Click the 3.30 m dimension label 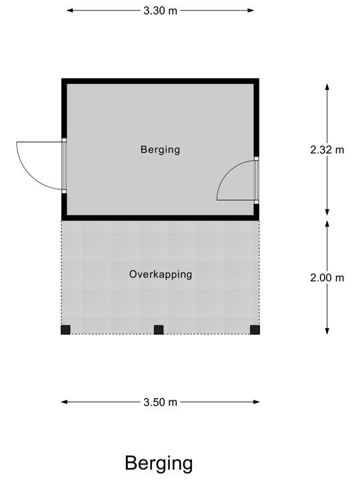[x=161, y=11]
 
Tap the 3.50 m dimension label [x=161, y=402]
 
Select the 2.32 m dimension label [x=327, y=150]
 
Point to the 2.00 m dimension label [x=327, y=277]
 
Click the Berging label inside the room [x=160, y=150]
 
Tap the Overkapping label [x=161, y=274]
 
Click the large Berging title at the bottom [x=159, y=464]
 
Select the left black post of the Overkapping [x=65, y=330]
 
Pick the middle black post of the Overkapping [x=159, y=330]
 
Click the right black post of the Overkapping [x=255, y=330]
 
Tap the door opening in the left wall [x=64, y=165]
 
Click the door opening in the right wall [x=257, y=180]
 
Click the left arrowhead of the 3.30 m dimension [x=70, y=11]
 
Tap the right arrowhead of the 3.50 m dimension [x=256, y=402]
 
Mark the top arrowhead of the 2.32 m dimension [x=327, y=87]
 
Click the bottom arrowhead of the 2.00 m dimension [x=327, y=331]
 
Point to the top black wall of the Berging [x=161, y=81]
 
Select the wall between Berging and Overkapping [x=161, y=218]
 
